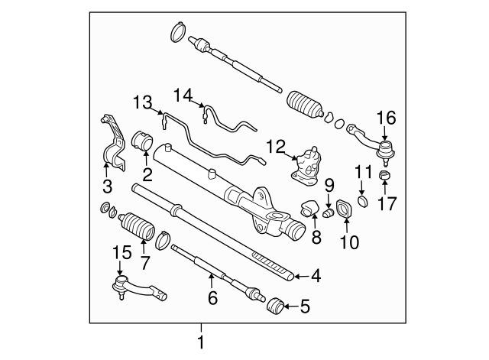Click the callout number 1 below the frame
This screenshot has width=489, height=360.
coord(202,343)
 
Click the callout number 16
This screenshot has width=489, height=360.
coord(386,118)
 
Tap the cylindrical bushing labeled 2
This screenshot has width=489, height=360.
coord(143,143)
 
